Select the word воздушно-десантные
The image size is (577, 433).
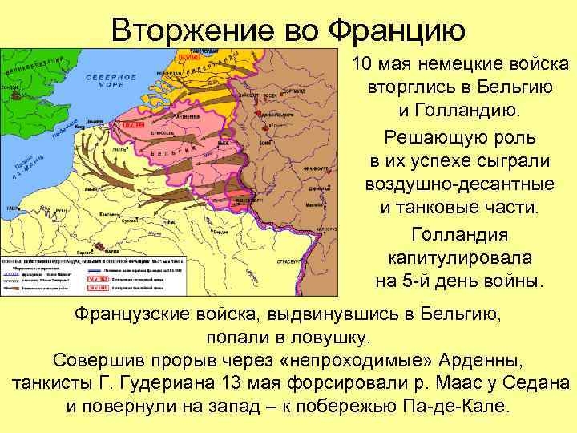pos(459,184)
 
